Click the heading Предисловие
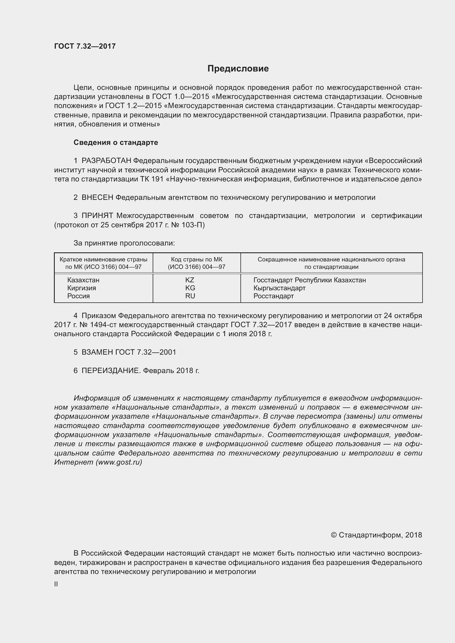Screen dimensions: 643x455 pyautogui.click(x=238, y=69)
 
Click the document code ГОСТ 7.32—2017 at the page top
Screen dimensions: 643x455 pyautogui.click(x=85, y=46)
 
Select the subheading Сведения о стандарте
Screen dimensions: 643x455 pyautogui.click(x=116, y=143)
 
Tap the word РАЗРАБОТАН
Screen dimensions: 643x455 pyautogui.click(x=106, y=161)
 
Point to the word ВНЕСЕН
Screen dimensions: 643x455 pyautogui.click(x=97, y=197)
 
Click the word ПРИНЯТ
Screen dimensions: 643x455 pyautogui.click(x=97, y=216)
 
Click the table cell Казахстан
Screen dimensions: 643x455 pyautogui.click(x=83, y=280)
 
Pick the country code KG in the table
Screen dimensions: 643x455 pyautogui.click(x=190, y=288)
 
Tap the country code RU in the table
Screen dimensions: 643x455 pyautogui.click(x=190, y=296)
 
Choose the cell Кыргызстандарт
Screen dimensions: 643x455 pyautogui.click(x=279, y=288)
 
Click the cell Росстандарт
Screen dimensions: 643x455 pyautogui.click(x=273, y=296)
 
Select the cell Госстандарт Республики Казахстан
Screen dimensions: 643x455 pyautogui.click(x=309, y=280)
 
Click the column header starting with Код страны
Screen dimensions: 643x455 pyautogui.click(x=196, y=263)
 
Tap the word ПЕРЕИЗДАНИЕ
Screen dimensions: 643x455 pyautogui.click(x=110, y=371)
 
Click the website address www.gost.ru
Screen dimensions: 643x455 pyautogui.click(x=119, y=462)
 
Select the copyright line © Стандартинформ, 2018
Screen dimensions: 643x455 pyautogui.click(x=376, y=535)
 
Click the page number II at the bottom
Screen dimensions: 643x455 pyautogui.click(x=56, y=584)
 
